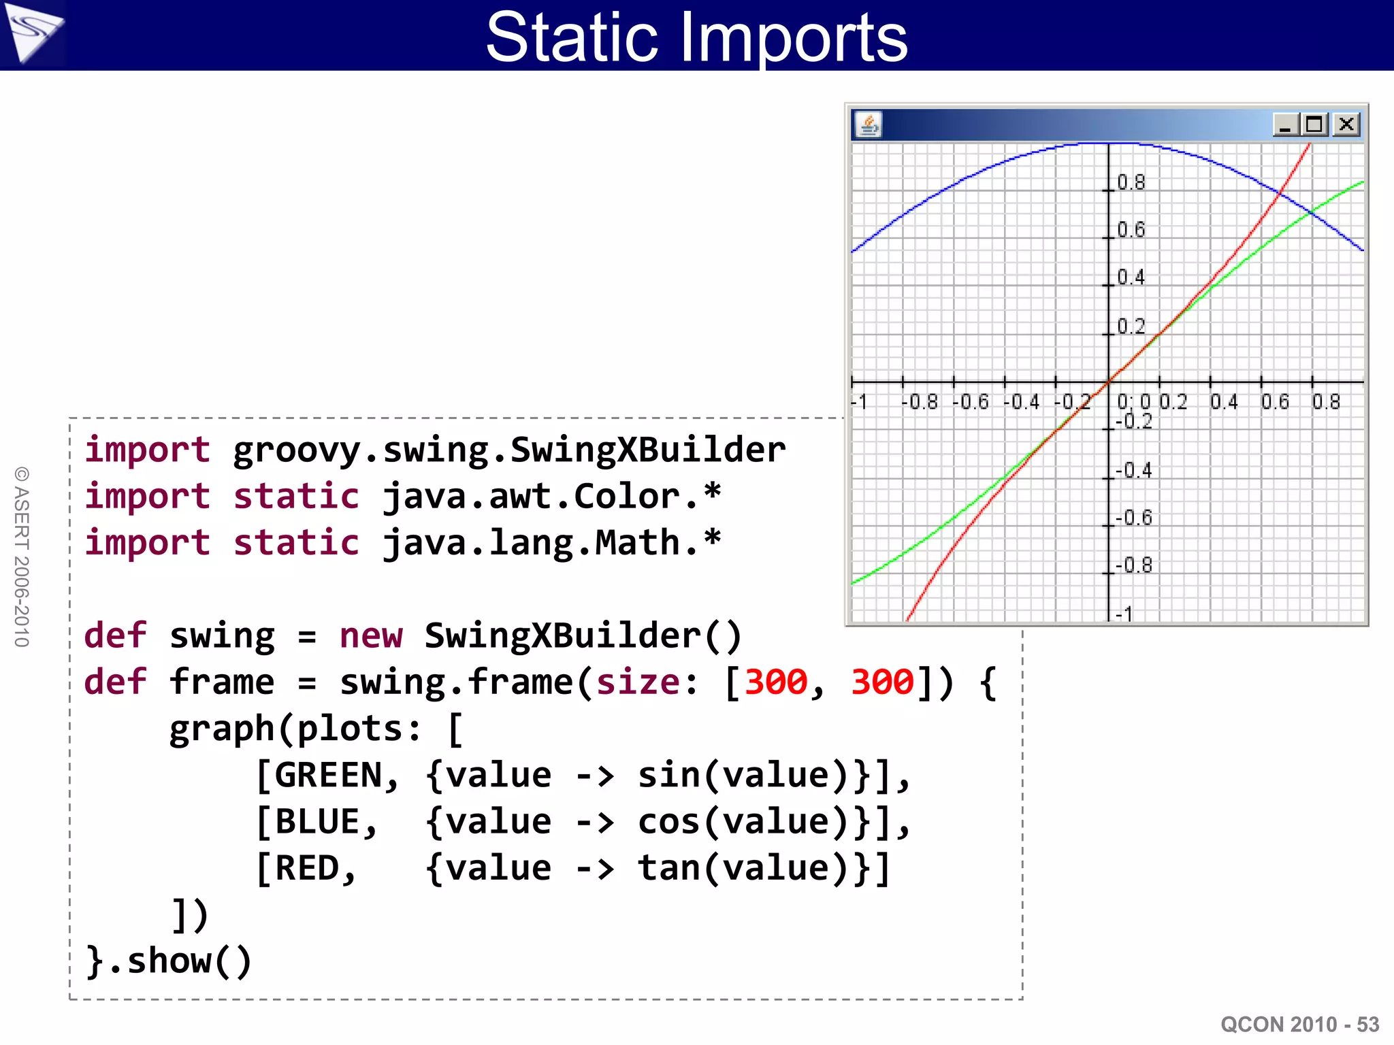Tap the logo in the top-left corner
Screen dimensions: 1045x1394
33,33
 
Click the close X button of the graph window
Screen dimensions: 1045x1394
1346,125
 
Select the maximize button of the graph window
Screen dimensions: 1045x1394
1314,125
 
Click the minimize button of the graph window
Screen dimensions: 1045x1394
1285,125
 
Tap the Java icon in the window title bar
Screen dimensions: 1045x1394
869,125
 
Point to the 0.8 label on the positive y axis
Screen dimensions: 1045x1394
1131,182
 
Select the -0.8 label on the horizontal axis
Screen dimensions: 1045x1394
919,402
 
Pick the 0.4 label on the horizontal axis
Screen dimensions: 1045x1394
1224,402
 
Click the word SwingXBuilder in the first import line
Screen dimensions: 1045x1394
647,450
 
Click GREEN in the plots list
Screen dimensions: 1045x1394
328,775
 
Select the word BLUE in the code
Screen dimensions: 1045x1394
317,822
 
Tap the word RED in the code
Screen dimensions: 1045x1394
307,868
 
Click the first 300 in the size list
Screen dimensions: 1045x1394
775,682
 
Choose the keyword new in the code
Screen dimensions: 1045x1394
371,636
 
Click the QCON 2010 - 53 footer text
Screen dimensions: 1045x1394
1299,1024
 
